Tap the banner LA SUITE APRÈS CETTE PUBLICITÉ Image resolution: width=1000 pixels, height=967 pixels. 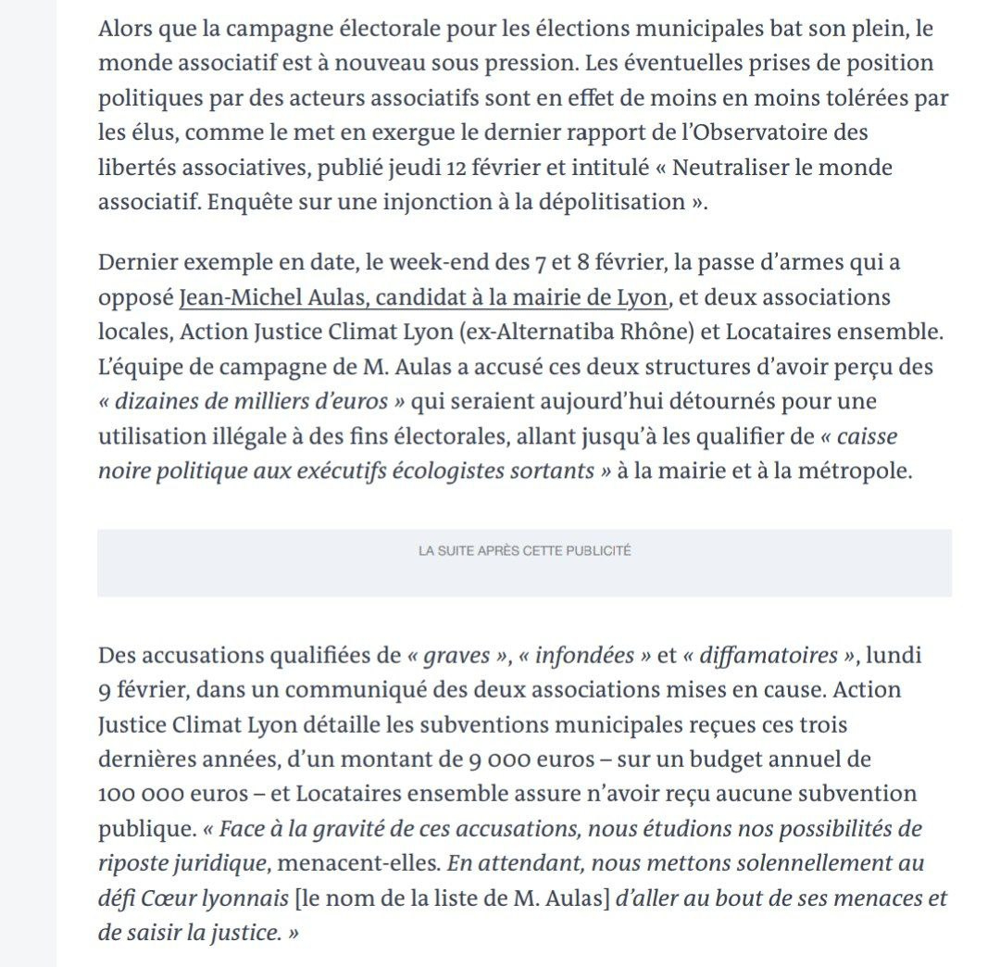click(524, 550)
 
